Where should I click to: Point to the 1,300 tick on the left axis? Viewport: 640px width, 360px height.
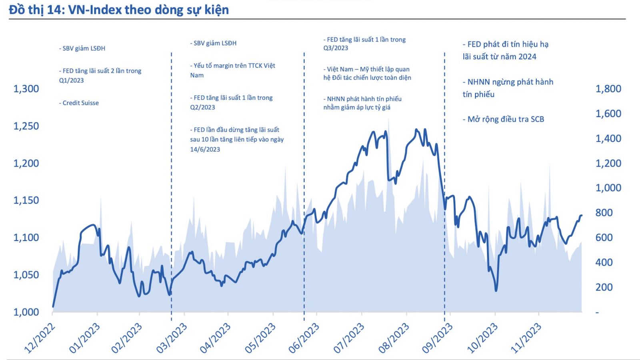26,89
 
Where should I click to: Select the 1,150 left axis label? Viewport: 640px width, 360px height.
26,200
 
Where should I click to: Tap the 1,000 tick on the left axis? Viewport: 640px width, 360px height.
26,312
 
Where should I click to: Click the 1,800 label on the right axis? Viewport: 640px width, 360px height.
608,89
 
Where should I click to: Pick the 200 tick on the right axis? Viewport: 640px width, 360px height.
604,287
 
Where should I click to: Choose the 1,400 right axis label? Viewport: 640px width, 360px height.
608,138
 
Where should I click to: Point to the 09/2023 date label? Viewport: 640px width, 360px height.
437,338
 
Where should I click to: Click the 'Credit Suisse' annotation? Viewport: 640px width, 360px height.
80,103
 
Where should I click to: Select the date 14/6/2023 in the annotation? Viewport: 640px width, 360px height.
205,149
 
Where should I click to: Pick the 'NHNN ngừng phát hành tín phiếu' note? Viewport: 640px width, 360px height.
508,88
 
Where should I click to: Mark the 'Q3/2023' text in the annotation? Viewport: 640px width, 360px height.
336,48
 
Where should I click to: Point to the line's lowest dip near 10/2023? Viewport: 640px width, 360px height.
496,290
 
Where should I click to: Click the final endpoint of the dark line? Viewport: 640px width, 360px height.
581,216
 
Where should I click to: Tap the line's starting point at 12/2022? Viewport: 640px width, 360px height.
53,307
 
